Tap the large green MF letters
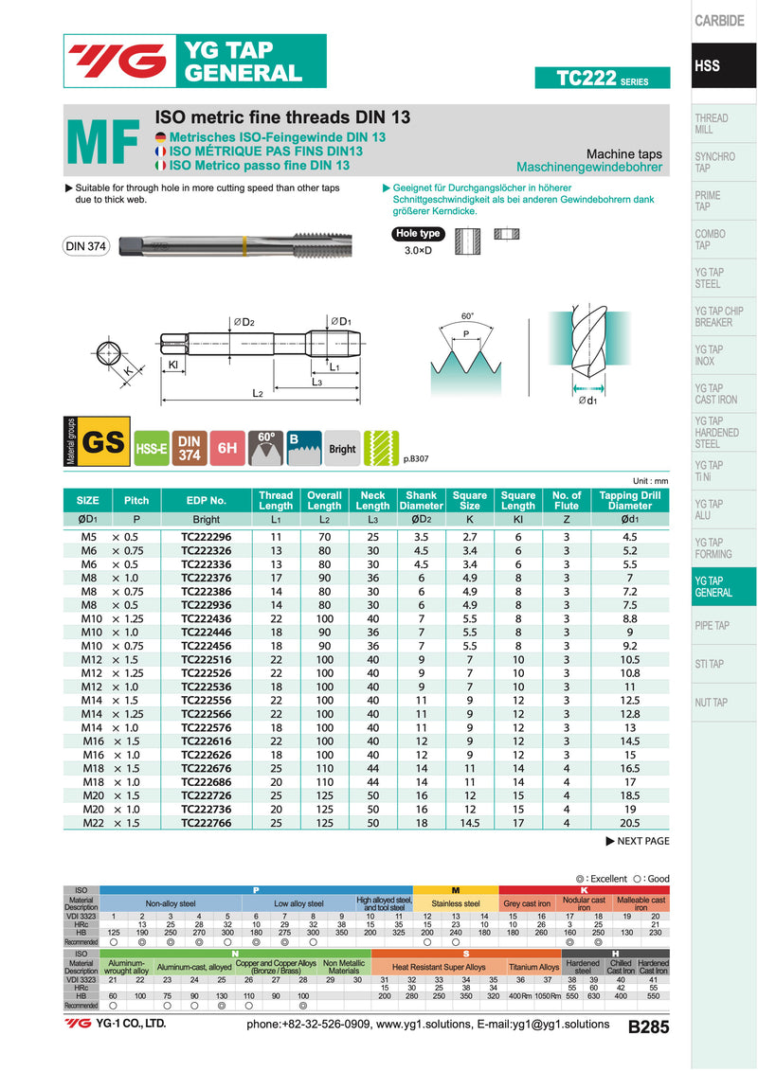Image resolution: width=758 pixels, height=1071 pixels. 103,142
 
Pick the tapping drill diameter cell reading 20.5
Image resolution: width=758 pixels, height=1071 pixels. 629,824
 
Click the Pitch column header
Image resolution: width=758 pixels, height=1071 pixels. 136,500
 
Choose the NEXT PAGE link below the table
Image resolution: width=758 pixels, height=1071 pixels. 637,841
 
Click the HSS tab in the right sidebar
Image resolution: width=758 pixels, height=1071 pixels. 708,66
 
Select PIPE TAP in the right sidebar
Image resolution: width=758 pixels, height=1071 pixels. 712,626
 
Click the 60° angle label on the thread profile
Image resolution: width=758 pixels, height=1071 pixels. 466,316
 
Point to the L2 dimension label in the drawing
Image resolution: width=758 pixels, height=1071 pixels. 257,393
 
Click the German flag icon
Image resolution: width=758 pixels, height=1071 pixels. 160,137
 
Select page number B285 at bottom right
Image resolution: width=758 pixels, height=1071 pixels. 648,1026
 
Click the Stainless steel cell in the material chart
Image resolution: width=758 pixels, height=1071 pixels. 456,904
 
